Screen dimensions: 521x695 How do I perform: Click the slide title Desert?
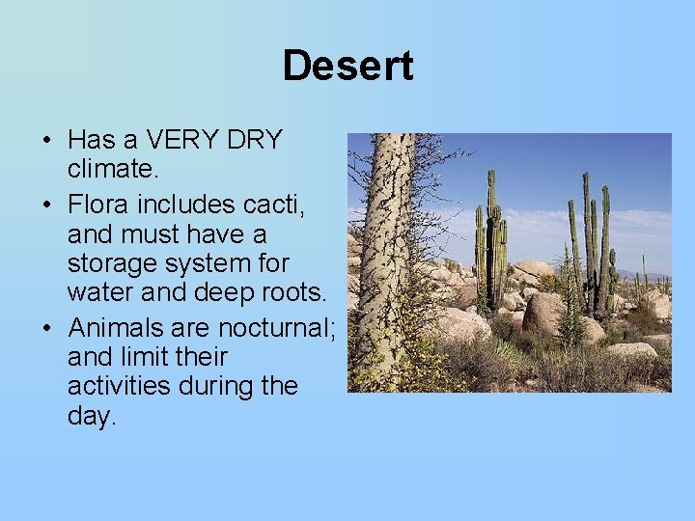[x=347, y=66]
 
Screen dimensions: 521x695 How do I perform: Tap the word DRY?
[x=255, y=140]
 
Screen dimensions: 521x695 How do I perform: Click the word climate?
[x=109, y=170]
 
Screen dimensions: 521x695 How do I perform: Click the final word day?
[x=91, y=418]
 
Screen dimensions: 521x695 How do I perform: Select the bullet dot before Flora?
[x=46, y=206]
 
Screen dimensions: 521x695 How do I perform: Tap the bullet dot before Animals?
[x=46, y=328]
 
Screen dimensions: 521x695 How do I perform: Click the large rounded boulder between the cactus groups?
[x=545, y=314]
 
